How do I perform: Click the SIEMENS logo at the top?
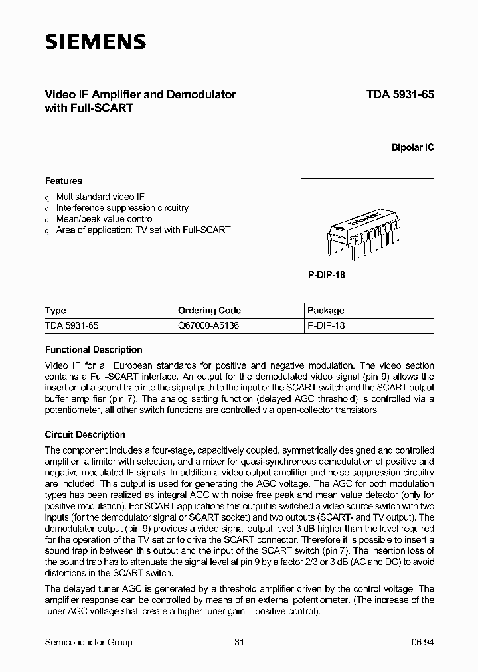point(95,42)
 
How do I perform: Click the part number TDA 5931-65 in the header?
point(400,94)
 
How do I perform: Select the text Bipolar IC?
point(412,147)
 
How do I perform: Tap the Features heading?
point(64,181)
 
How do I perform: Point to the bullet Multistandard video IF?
point(100,197)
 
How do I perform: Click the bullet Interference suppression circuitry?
point(122,208)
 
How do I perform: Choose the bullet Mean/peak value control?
point(105,218)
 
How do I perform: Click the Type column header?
point(56,311)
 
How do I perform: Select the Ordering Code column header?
point(209,311)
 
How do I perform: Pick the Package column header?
point(326,311)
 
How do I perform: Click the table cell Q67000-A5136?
point(208,326)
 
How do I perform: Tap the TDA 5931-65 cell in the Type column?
point(72,326)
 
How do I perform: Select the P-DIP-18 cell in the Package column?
point(327,326)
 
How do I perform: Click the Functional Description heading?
point(94,349)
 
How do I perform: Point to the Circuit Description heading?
point(85,434)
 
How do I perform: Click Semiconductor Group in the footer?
point(88,642)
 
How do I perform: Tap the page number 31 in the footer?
point(240,642)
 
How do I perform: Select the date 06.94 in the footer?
point(422,642)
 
